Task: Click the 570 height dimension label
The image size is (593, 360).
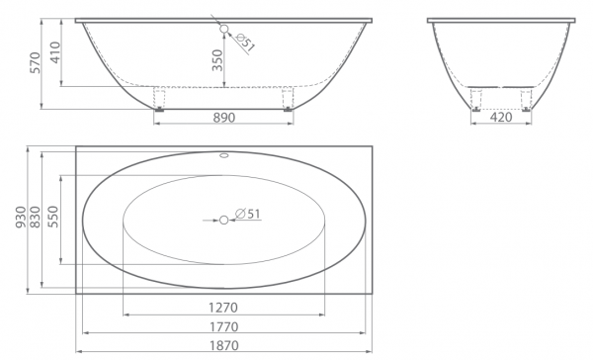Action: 35,63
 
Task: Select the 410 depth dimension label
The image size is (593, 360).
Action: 54,52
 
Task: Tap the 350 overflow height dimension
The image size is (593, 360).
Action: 217,60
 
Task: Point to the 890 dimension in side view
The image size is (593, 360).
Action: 224,118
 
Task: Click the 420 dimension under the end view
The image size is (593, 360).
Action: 501,118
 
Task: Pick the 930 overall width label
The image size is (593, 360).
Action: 21,218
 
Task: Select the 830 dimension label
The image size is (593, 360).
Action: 35,218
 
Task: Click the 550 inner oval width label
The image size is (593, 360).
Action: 53,217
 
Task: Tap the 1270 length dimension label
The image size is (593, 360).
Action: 223,308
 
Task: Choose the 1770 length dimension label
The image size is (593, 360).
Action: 224,326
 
